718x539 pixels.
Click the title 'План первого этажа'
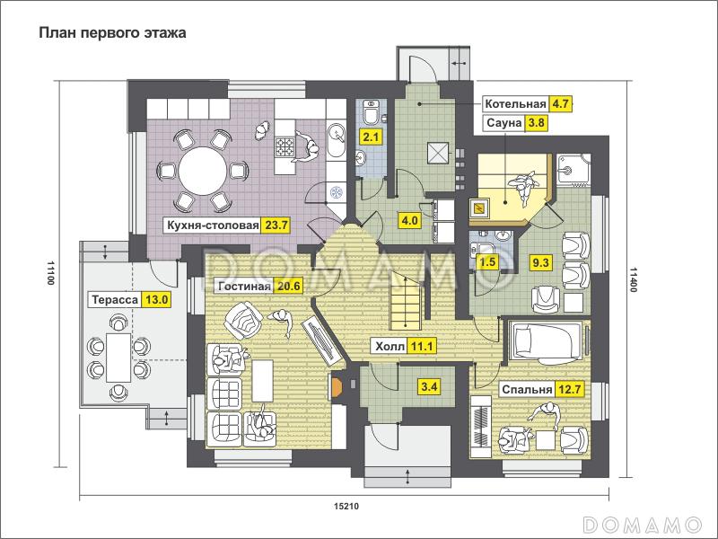pos(112,33)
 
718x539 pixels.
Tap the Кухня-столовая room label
pos(213,225)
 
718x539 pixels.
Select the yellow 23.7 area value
pos(276,225)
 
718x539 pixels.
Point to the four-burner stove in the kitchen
pos(285,147)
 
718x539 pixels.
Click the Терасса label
pos(115,300)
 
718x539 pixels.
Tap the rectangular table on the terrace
pos(118,358)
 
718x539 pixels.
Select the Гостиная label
pos(244,287)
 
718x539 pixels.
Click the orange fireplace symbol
pos(337,386)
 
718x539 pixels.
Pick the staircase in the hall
pos(405,300)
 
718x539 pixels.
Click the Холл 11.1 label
pos(403,346)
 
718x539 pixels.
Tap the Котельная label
pos(515,103)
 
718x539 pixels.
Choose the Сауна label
pos(503,123)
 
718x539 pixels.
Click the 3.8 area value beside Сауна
pos(536,123)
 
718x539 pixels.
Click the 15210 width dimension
pos(346,506)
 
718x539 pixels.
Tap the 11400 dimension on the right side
pos(634,279)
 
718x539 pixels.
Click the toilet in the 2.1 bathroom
pos(370,111)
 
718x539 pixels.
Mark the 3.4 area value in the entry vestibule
pos(429,387)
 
